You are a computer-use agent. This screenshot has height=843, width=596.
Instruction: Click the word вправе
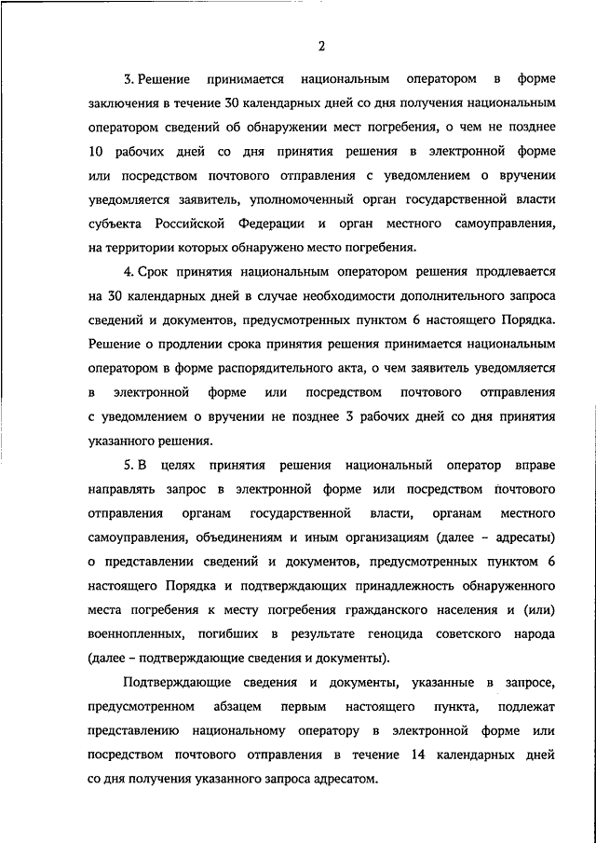tap(535, 464)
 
